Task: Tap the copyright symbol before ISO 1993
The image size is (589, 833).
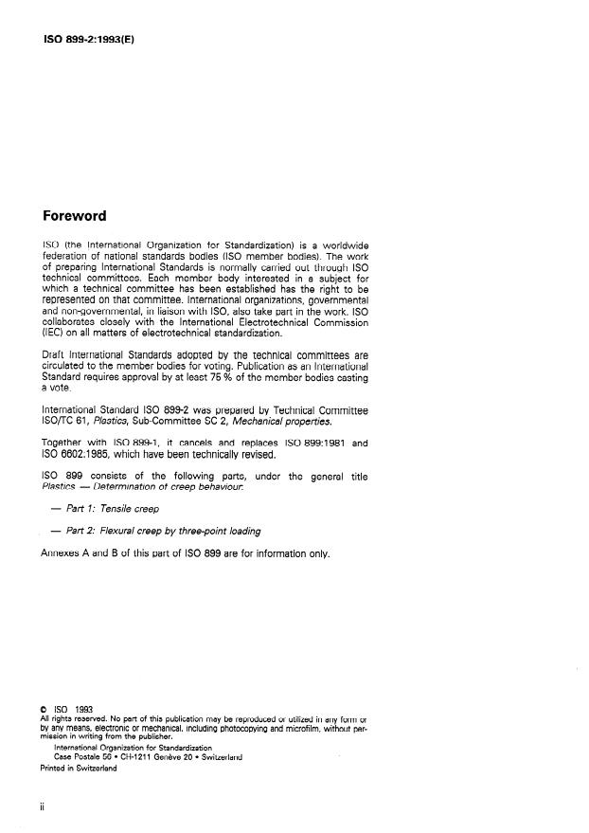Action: pyautogui.click(x=43, y=707)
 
